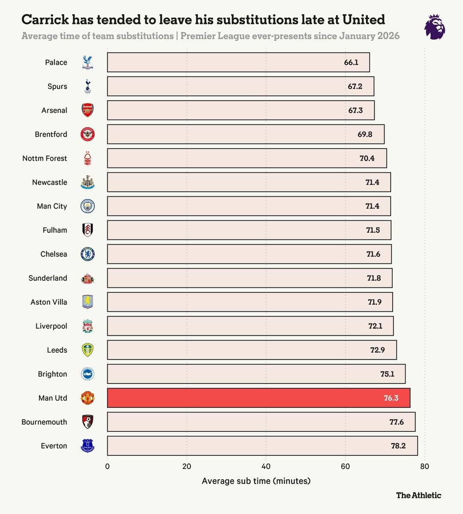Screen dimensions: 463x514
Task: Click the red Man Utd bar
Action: pyautogui.click(x=259, y=397)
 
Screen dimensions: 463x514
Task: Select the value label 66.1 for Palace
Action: pyautogui.click(x=351, y=62)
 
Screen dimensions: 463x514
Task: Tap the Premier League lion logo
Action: pyautogui.click(x=435, y=27)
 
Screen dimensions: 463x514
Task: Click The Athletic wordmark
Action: pyautogui.click(x=418, y=495)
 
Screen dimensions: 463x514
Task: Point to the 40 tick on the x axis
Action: pyautogui.click(x=266, y=466)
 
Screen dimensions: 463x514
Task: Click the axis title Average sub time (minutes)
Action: pyautogui.click(x=256, y=481)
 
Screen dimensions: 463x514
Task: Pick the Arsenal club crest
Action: pyautogui.click(x=87, y=110)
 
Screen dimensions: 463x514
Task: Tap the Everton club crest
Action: pyautogui.click(x=87, y=445)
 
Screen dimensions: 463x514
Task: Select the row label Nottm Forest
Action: pyautogui.click(x=45, y=158)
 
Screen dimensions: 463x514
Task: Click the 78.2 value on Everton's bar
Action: pyautogui.click(x=398, y=446)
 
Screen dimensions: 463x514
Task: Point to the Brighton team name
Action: pyautogui.click(x=52, y=374)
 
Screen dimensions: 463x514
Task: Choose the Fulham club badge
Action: pyautogui.click(x=87, y=230)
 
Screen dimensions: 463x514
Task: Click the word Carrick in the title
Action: pyautogui.click(x=45, y=19)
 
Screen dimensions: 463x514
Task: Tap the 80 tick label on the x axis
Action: pyautogui.click(x=424, y=466)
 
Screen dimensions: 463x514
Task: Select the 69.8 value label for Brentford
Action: pyautogui.click(x=365, y=134)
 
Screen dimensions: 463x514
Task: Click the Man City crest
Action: pyautogui.click(x=87, y=206)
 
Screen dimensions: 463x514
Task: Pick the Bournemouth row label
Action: pyautogui.click(x=44, y=422)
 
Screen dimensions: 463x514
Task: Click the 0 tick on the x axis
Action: pyautogui.click(x=107, y=466)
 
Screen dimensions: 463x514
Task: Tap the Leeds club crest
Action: pyautogui.click(x=87, y=350)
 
